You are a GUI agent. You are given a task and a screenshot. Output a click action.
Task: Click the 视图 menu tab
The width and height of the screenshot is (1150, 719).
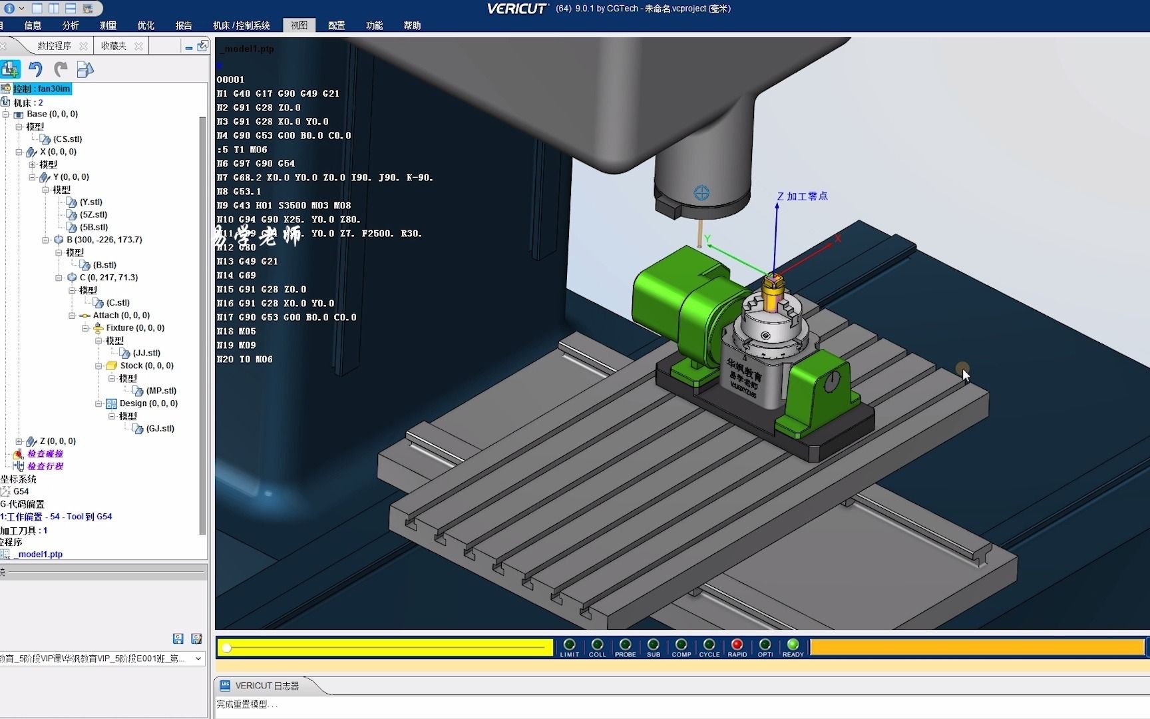(299, 25)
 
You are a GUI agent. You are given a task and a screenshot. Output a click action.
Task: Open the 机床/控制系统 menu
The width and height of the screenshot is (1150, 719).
(241, 25)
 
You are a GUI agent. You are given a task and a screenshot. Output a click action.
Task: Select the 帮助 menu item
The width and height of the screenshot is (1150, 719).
(411, 25)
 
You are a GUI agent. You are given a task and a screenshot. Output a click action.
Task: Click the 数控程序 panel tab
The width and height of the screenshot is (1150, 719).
(54, 46)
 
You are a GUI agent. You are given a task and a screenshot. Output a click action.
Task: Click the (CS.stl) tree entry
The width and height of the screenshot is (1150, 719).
(67, 139)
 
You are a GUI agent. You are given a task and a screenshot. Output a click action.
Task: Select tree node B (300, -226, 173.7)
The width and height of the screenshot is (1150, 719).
(104, 240)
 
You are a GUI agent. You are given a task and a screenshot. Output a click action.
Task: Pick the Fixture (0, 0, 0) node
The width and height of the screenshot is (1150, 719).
(134, 328)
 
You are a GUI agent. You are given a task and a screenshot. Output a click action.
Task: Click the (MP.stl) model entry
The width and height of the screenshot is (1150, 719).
(161, 391)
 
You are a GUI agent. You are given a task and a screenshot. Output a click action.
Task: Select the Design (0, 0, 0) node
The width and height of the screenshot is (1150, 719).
(148, 403)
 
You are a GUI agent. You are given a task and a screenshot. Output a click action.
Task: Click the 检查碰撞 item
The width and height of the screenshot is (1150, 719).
(45, 454)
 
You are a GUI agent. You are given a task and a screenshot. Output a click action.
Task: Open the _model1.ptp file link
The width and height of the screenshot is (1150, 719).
(40, 554)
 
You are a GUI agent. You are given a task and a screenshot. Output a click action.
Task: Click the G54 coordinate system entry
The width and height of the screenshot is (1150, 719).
(21, 491)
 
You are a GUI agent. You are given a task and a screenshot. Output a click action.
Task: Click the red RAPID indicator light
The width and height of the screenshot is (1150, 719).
(737, 644)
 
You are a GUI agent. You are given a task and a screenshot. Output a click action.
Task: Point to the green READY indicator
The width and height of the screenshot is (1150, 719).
(793, 644)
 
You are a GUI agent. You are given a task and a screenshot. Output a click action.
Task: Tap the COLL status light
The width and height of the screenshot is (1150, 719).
(597, 644)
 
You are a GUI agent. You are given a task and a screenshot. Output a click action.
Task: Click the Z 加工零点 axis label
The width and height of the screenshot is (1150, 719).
(802, 196)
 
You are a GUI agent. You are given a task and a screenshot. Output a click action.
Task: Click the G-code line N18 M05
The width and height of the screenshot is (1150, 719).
(236, 332)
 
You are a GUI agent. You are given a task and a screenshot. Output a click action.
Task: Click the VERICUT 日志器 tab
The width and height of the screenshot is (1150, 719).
(266, 686)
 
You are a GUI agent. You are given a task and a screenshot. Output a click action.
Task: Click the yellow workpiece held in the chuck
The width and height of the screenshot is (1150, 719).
(772, 298)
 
